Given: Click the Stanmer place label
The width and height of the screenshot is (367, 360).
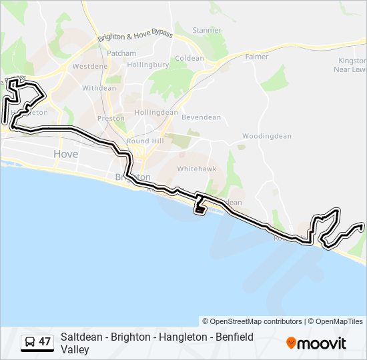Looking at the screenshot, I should click(x=206, y=30).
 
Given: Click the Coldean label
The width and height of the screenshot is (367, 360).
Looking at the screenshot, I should click(x=190, y=59).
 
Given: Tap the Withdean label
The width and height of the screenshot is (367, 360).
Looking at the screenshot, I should click(x=99, y=88).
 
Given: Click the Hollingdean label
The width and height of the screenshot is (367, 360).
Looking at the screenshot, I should click(x=156, y=113).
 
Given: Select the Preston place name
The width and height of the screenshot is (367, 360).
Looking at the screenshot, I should click(x=111, y=119).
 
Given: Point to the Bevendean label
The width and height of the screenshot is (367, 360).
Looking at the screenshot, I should click(x=202, y=117).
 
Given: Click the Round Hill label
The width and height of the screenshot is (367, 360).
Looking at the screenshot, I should click(x=145, y=141).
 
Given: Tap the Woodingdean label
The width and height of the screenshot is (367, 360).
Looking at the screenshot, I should click(x=267, y=136).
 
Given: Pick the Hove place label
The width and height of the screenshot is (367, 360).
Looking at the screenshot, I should click(x=65, y=154).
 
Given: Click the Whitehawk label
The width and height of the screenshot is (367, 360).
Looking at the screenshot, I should click(x=197, y=169).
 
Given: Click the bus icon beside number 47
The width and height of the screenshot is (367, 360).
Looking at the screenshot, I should click(x=29, y=343).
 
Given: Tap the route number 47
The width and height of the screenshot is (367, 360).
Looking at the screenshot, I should click(x=45, y=342).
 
